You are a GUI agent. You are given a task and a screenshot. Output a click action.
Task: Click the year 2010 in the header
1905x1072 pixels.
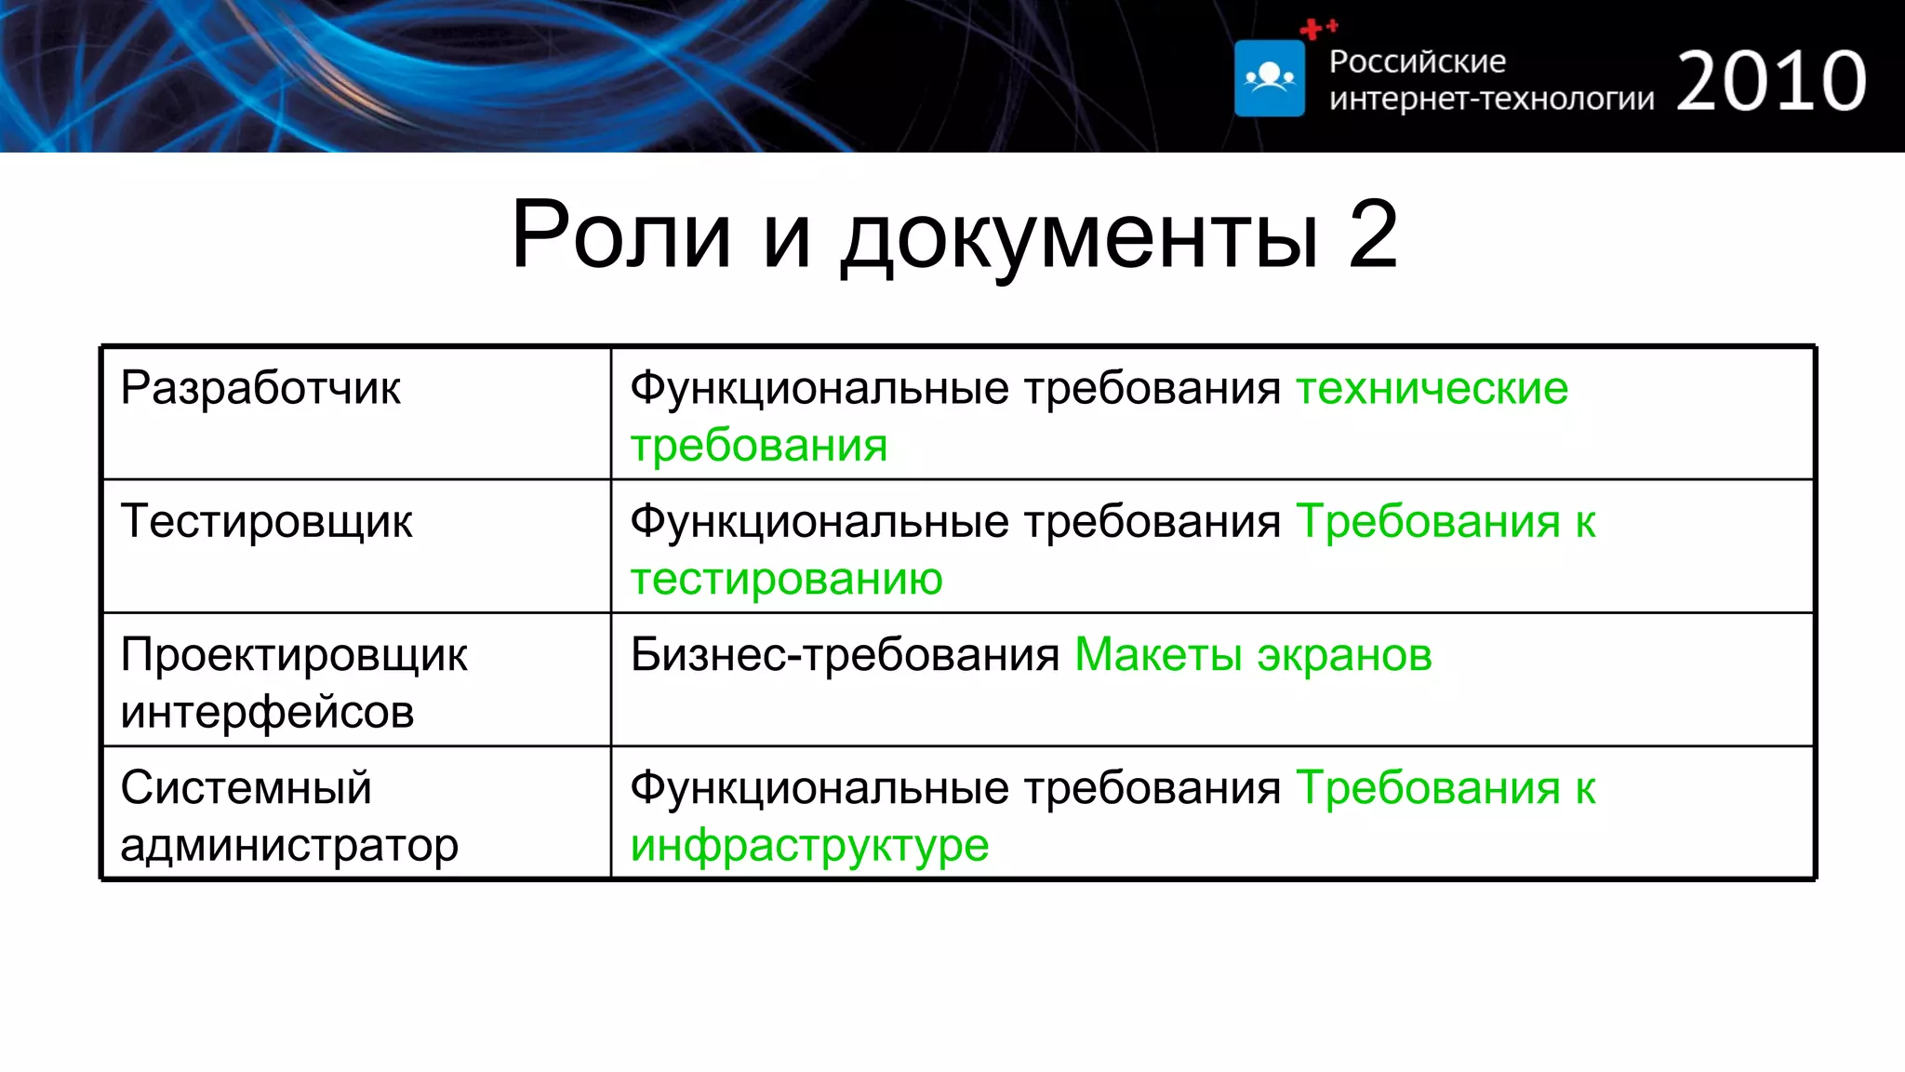1771,82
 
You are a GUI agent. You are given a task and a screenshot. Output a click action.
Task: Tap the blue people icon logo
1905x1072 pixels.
1270,78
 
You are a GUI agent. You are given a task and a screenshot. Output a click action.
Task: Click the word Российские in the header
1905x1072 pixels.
1417,61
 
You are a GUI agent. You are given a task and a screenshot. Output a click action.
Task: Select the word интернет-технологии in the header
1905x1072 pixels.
1491,99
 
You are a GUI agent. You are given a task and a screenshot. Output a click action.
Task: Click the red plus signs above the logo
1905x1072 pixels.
1317,29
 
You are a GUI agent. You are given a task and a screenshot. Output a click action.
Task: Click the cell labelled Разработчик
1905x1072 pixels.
260,388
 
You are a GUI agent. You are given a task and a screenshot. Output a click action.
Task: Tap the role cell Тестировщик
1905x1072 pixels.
266,521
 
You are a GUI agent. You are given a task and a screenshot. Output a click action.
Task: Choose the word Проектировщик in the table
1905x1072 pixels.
294,655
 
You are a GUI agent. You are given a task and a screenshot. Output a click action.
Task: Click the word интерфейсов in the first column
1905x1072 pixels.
267,713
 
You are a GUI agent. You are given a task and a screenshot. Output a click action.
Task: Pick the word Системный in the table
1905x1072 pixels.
246,788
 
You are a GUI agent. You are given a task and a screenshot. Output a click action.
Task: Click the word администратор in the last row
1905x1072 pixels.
289,846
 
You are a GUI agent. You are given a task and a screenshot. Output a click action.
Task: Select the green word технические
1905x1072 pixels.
1432,388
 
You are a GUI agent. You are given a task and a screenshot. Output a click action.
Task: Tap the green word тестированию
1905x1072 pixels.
786,579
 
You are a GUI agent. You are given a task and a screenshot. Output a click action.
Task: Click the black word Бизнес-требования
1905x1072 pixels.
845,655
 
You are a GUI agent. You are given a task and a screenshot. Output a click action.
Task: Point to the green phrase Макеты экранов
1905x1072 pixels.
1253,655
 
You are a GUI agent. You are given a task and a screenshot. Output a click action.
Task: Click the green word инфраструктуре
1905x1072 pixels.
809,846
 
